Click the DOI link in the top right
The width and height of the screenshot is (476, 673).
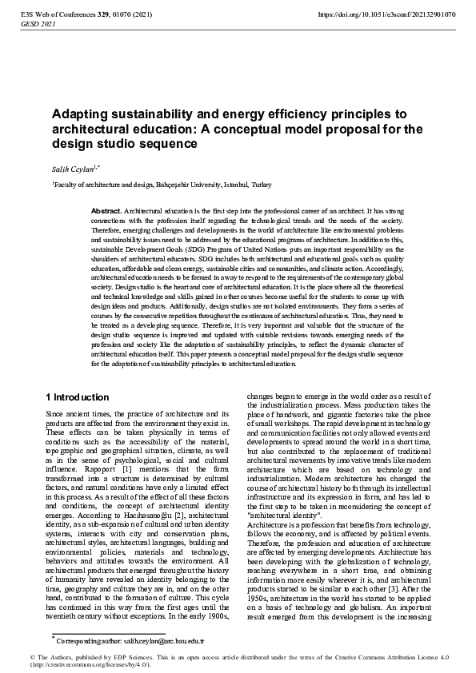(386, 14)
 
